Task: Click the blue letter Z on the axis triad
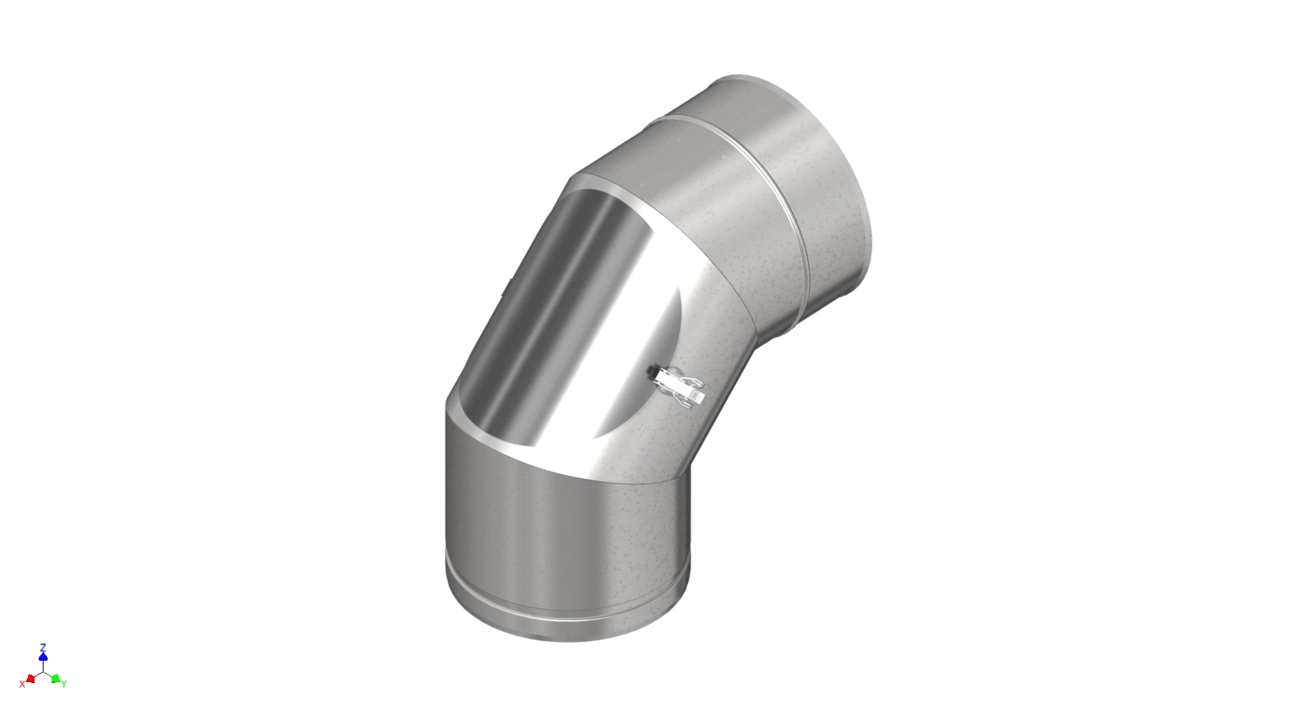[43, 648]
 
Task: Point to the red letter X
[21, 684]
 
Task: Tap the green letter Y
[64, 684]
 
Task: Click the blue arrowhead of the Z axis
[43, 657]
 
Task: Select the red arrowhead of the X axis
[30, 678]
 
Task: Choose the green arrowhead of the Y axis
[55, 678]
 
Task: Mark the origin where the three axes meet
[43, 671]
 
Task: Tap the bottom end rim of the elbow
[567, 634]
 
